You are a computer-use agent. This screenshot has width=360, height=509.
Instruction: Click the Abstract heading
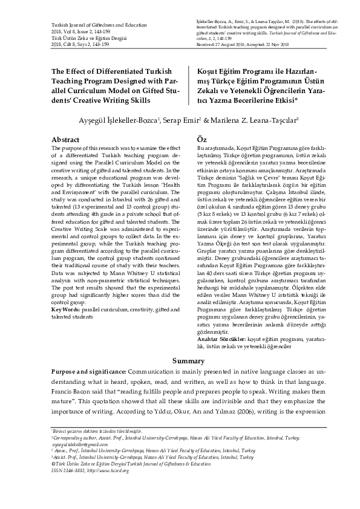[x=65, y=140]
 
